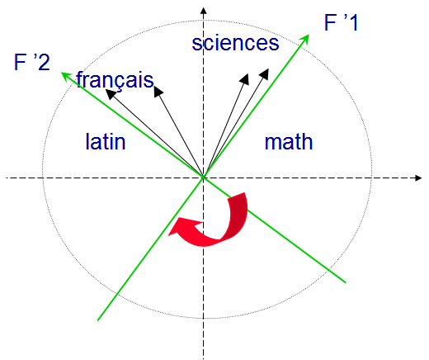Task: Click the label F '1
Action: point(342,22)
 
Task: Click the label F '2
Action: point(32,62)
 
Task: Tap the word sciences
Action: point(235,43)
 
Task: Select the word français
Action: point(115,80)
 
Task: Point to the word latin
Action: point(106,141)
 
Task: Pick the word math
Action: point(289,142)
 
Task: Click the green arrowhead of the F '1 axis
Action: point(304,40)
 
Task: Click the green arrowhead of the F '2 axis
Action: point(66,76)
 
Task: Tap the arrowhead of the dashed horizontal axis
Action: point(418,178)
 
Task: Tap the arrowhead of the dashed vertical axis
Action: point(203,11)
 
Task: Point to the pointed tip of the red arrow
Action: point(169,235)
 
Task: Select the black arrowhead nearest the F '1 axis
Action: point(264,74)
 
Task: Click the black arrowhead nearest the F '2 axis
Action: point(111,93)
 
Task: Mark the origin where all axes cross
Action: point(203,178)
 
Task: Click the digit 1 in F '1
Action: point(353,22)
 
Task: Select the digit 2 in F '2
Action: point(44,63)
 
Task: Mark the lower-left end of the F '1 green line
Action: point(98,320)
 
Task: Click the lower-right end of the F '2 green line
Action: point(345,282)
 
